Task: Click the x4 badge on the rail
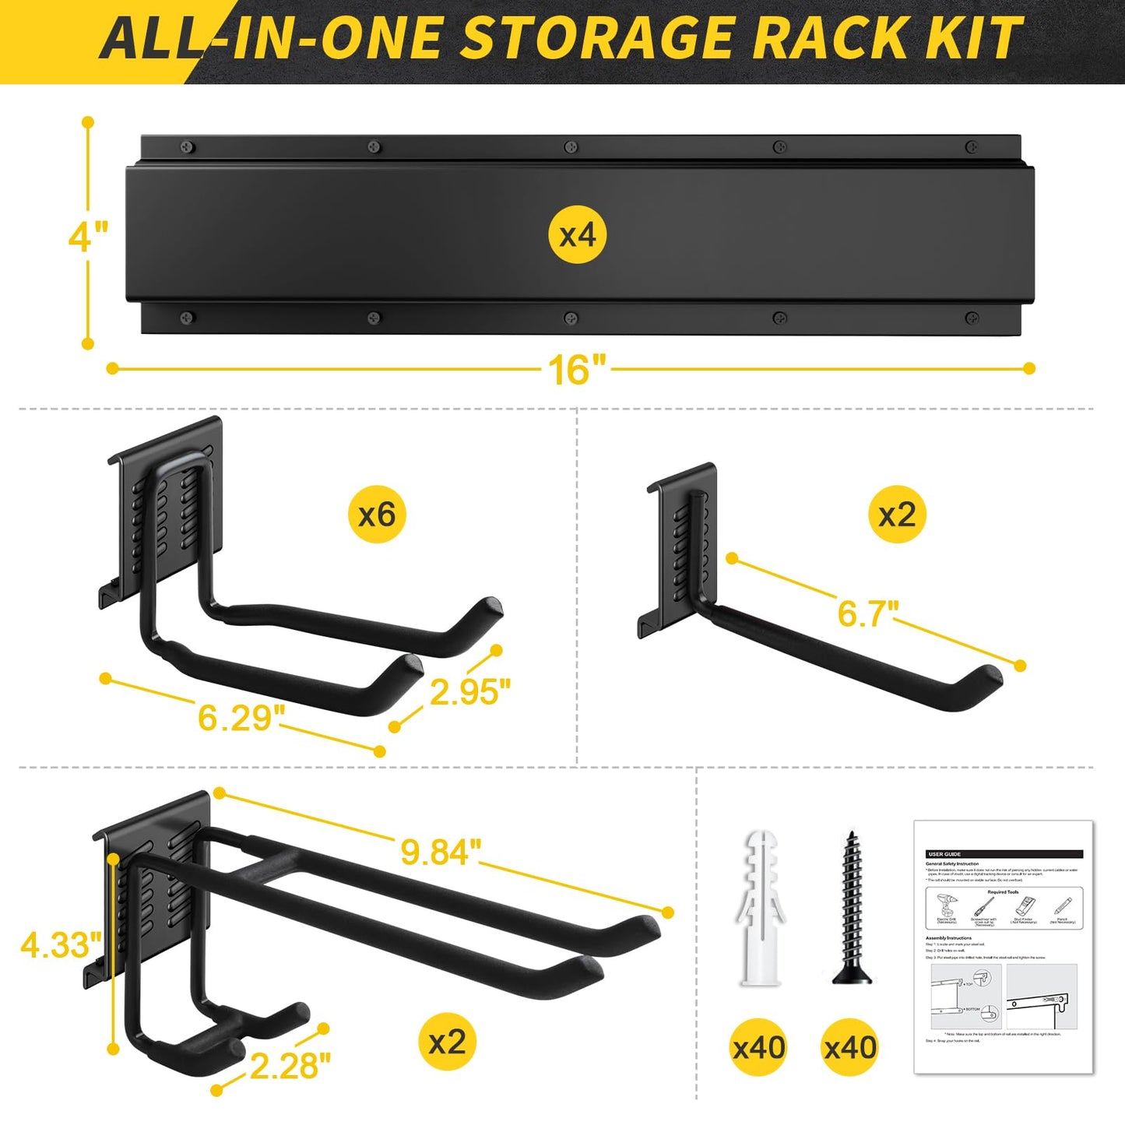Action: (578, 234)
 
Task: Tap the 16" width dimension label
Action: (578, 368)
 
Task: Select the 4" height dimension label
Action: (87, 235)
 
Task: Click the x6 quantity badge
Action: (377, 515)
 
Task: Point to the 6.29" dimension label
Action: (236, 717)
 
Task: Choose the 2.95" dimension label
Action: (469, 691)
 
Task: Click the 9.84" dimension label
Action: (436, 852)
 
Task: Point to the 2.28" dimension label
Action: (290, 1066)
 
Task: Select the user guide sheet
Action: (1004, 947)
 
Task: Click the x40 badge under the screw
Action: (850, 1047)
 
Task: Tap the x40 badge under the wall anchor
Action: (759, 1047)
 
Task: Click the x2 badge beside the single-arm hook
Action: (897, 515)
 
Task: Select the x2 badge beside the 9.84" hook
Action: (447, 1042)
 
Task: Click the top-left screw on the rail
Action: (187, 147)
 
